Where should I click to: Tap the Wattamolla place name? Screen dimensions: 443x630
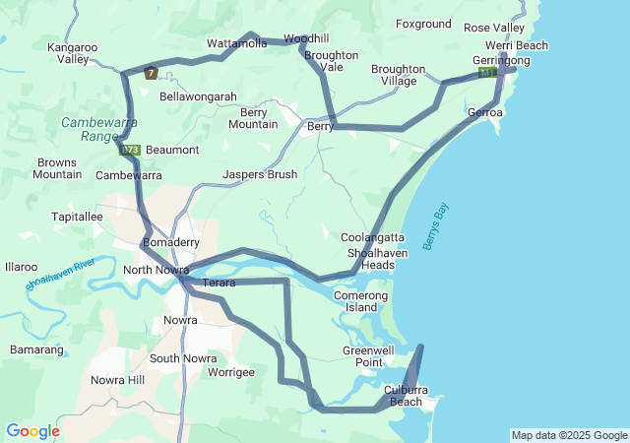(x=237, y=43)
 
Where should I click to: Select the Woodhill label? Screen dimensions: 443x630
(x=305, y=38)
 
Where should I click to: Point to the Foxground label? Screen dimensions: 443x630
(x=423, y=24)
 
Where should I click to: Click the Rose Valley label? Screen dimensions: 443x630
(x=494, y=28)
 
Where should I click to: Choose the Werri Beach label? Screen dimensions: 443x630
(x=516, y=45)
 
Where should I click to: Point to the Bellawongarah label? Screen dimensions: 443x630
(x=198, y=96)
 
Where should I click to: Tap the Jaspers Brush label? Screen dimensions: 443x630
(x=260, y=174)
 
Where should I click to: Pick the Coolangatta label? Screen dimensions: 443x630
(x=372, y=237)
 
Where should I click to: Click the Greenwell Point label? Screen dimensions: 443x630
(x=362, y=356)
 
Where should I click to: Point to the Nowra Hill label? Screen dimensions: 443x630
(x=117, y=380)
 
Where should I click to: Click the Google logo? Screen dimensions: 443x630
(x=32, y=431)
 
